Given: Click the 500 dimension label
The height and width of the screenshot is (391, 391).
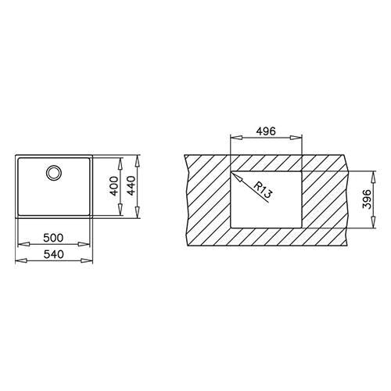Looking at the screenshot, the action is (53, 238).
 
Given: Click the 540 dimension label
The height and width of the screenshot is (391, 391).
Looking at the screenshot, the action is (54, 254).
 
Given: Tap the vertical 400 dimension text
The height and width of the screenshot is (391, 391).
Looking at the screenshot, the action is (114, 186).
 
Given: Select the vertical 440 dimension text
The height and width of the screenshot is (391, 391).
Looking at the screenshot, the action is (131, 186).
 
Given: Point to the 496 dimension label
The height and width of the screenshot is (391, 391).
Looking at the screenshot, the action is (266, 131).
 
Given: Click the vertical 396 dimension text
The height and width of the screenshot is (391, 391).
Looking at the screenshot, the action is (367, 199).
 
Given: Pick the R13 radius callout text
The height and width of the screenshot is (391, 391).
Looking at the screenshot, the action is (263, 189).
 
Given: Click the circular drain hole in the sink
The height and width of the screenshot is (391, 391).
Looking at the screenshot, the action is (54, 173).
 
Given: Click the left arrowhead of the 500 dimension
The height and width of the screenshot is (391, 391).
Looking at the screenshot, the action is (23, 244).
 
